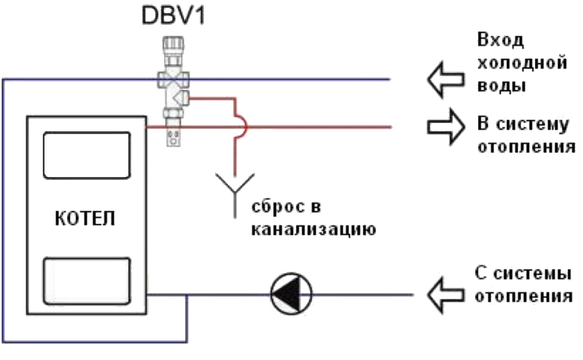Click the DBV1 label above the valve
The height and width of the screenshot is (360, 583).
pos(173,16)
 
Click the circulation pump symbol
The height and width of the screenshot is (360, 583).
pos(291,294)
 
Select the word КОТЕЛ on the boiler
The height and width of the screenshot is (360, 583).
pos(85,219)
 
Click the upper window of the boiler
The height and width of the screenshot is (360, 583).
pos(86,154)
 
